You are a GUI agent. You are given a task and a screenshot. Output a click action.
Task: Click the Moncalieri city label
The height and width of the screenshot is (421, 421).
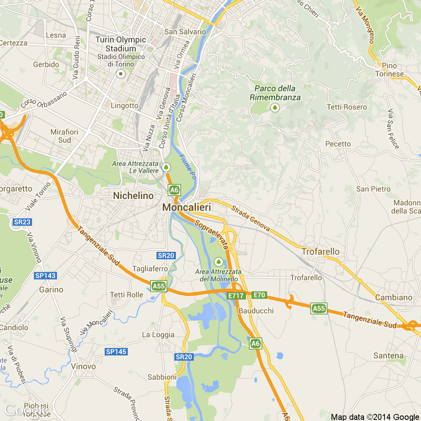[x=187, y=207]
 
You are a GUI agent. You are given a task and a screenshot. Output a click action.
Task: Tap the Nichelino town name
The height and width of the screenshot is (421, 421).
[x=133, y=196]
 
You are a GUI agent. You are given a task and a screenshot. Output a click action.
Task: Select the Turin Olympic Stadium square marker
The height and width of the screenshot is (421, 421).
[x=120, y=74]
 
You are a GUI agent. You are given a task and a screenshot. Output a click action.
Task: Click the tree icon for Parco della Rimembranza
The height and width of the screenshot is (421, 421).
[x=275, y=108]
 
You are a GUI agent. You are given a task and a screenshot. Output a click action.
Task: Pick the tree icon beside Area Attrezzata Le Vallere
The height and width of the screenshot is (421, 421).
[x=166, y=167]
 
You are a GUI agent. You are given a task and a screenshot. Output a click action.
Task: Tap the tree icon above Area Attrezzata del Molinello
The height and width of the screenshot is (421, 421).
[x=218, y=262]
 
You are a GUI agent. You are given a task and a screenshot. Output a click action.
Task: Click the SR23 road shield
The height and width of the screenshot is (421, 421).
[x=22, y=222]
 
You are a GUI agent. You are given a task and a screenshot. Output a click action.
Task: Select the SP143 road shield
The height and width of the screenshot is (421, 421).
[x=45, y=276]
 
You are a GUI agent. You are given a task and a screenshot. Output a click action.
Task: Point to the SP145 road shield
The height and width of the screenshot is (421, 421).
[x=116, y=352]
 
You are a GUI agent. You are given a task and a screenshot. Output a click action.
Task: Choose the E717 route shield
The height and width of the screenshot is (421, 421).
[x=236, y=295]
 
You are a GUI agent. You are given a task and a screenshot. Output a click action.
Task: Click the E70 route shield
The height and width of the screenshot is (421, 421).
[x=259, y=295]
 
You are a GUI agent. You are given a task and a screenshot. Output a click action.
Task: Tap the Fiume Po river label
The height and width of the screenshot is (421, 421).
[x=188, y=167]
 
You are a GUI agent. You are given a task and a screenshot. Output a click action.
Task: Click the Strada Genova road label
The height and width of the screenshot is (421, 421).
[x=250, y=218]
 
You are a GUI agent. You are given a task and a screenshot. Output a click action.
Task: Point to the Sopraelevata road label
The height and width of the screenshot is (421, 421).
[x=212, y=235]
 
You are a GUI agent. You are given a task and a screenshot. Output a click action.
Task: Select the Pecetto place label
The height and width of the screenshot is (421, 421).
[x=338, y=144]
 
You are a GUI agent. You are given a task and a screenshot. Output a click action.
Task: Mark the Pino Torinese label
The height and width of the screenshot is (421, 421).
[x=389, y=70]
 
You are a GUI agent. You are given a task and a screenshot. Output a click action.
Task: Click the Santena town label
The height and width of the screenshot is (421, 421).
[x=388, y=355]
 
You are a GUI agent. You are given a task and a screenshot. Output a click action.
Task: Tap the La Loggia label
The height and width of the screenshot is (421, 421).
[x=158, y=335]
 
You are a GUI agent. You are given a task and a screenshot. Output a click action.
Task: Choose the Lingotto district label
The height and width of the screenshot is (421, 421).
[x=124, y=105]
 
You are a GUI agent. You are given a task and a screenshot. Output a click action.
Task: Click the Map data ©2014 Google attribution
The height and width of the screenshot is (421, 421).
[x=375, y=417]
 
